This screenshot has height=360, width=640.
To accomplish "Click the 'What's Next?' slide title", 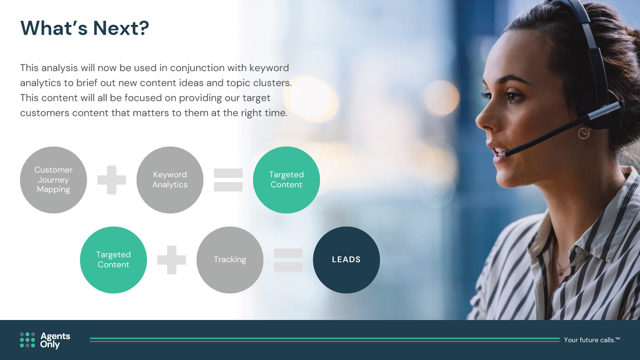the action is pyautogui.click(x=84, y=28).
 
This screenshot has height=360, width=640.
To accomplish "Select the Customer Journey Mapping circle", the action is pyautogui.click(x=53, y=180).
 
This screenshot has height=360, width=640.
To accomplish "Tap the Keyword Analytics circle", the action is pyautogui.click(x=170, y=180).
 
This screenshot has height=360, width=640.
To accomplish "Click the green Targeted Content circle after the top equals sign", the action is pyautogui.click(x=286, y=180).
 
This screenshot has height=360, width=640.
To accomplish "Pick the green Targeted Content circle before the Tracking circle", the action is pyautogui.click(x=113, y=260).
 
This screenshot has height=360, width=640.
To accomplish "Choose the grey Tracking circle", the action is pyautogui.click(x=230, y=260).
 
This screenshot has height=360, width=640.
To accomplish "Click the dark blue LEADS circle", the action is pyautogui.click(x=346, y=260).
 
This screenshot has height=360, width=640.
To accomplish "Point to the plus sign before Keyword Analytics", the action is pyautogui.click(x=112, y=180).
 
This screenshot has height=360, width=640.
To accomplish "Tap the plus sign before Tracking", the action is pyautogui.click(x=172, y=260).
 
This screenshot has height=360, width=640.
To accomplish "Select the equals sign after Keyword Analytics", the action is pyautogui.click(x=228, y=180).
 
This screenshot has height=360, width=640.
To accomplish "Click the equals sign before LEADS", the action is pyautogui.click(x=288, y=260).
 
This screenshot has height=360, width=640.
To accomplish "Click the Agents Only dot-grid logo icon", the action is pyautogui.click(x=28, y=340).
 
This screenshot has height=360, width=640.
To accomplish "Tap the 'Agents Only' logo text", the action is pyautogui.click(x=55, y=340).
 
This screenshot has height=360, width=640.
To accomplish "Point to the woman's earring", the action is pyautogui.click(x=584, y=133).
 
